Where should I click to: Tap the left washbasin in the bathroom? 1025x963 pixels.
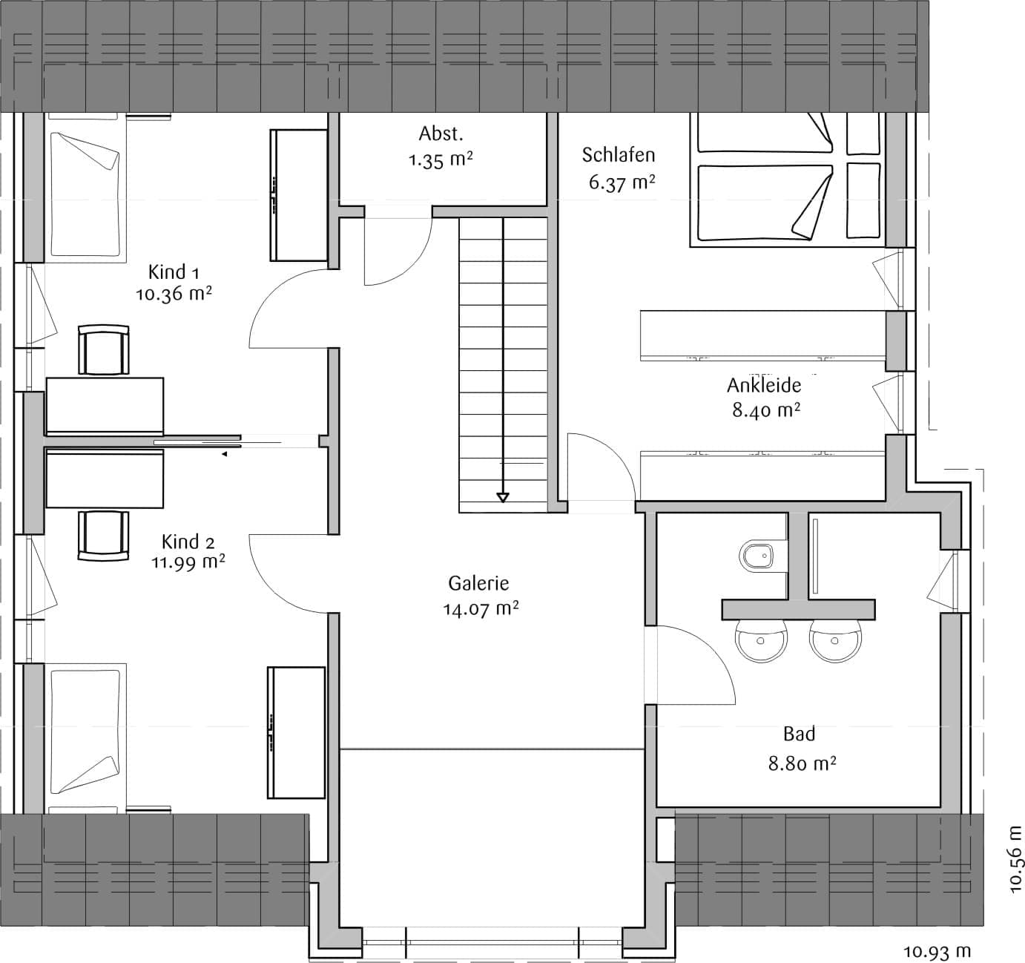click(x=761, y=640)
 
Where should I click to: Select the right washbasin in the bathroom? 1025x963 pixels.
click(x=835, y=640)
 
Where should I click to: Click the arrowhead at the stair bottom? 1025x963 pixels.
click(x=503, y=497)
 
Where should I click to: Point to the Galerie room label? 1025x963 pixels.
click(x=478, y=583)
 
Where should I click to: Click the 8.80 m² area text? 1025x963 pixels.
click(x=802, y=763)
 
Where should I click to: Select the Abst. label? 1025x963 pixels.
click(x=441, y=134)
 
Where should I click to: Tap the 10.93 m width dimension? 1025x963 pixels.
click(x=937, y=951)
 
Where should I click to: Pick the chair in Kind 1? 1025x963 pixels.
click(x=103, y=349)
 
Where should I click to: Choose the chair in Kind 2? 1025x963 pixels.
click(x=103, y=536)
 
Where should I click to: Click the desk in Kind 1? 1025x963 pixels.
click(x=105, y=406)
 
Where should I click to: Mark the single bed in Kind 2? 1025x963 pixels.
click(x=86, y=738)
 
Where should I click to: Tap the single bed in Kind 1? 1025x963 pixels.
click(x=86, y=188)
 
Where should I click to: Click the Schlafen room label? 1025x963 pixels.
click(x=619, y=155)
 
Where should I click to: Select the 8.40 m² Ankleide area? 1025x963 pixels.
click(x=766, y=410)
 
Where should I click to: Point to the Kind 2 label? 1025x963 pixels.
click(x=188, y=542)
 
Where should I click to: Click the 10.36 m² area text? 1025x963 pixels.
click(x=174, y=294)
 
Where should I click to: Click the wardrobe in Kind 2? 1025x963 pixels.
click(x=296, y=733)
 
